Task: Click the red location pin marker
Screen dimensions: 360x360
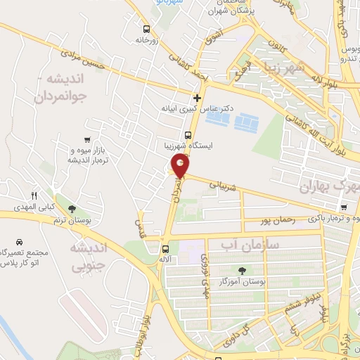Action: pos(181,166)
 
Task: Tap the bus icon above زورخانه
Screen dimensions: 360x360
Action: pos(146,30)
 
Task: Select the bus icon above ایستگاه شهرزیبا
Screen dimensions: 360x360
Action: pos(188,136)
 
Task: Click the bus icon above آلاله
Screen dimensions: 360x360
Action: pos(165,248)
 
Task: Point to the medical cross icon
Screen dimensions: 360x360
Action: pos(197,98)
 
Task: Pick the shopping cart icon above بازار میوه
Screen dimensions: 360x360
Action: pos(86,139)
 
